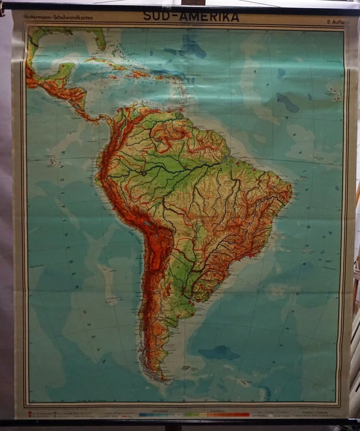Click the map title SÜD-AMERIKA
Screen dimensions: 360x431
click(190, 17)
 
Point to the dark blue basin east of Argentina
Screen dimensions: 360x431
click(218, 352)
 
